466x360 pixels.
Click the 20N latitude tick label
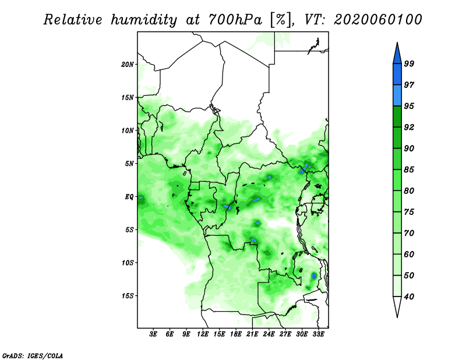127,65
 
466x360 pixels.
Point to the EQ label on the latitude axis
129,197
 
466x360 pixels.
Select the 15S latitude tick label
127,296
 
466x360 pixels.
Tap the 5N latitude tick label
129,164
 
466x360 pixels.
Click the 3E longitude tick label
153,334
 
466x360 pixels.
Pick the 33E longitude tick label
318,334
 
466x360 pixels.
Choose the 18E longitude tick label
236,334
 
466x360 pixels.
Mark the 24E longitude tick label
269,334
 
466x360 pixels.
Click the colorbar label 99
409,63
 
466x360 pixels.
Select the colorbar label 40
409,297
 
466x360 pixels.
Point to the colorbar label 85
409,170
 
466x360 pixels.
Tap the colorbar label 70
409,233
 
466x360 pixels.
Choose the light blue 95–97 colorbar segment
397,96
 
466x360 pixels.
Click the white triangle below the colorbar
397,306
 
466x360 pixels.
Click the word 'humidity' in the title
144,20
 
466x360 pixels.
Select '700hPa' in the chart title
235,20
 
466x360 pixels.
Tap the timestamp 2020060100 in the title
377,20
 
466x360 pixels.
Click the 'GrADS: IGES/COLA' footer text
33,355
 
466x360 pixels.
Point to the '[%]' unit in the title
281,20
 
